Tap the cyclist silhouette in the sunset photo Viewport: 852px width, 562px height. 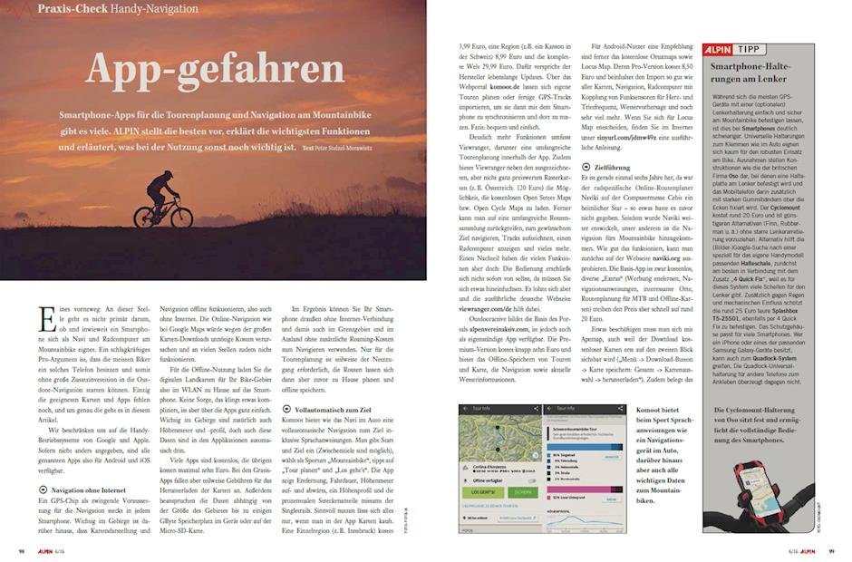tap(163, 199)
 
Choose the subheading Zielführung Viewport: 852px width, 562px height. tap(616, 166)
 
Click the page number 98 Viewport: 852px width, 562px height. tap(20, 551)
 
